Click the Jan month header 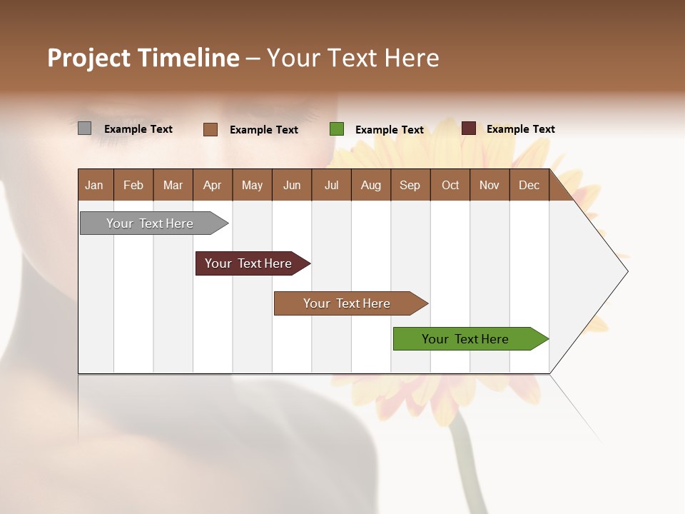tap(94, 185)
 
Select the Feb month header tap(133, 185)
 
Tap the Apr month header tap(212, 185)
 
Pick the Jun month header tap(292, 185)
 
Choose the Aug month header tap(371, 185)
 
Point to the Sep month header tap(410, 185)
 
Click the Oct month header tap(450, 185)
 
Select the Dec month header tap(529, 185)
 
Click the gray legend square tap(84, 128)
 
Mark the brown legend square tap(210, 129)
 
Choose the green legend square tap(337, 129)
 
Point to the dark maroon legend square tap(469, 128)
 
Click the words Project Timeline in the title tap(143, 58)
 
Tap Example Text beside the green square tap(390, 130)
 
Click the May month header tap(252, 185)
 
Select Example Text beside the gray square tap(138, 129)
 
